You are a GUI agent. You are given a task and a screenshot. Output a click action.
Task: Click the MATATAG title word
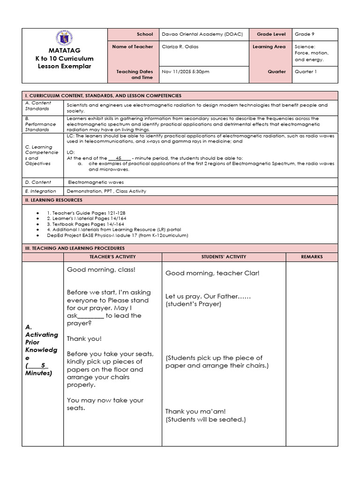click(65, 50)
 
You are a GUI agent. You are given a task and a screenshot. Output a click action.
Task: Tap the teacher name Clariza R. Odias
click(180, 47)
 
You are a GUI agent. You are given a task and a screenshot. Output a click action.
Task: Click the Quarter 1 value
click(306, 72)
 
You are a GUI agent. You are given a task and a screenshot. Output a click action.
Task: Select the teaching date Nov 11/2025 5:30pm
click(185, 72)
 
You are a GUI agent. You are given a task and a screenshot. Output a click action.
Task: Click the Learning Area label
click(269, 47)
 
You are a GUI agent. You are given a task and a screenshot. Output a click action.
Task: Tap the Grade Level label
click(271, 34)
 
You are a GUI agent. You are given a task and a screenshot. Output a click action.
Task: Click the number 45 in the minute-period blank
click(119, 158)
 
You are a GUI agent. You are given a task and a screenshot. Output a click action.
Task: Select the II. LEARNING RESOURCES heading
click(53, 200)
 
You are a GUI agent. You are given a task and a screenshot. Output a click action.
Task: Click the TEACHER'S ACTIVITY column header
click(112, 257)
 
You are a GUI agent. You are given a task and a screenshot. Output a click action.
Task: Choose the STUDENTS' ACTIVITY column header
click(224, 257)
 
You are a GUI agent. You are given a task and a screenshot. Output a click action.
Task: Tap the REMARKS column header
click(312, 257)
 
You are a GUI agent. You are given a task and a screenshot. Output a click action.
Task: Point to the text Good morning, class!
click(101, 270)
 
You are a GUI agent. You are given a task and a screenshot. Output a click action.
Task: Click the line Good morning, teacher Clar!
click(212, 273)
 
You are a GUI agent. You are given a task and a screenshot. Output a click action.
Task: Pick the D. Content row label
click(38, 182)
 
